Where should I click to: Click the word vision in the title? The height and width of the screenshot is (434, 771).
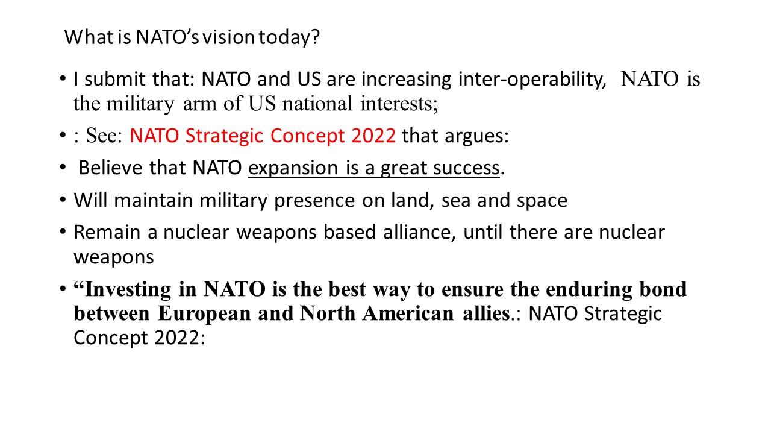228,37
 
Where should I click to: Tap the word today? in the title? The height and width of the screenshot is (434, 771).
290,37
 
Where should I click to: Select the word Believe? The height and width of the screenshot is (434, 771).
110,168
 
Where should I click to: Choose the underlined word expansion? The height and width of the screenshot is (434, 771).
293,169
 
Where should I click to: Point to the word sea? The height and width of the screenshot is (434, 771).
456,201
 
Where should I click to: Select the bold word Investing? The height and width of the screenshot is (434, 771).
128,290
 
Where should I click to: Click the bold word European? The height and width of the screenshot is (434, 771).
204,314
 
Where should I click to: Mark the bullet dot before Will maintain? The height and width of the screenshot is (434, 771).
63,200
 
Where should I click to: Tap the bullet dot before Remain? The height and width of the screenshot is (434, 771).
63,231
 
